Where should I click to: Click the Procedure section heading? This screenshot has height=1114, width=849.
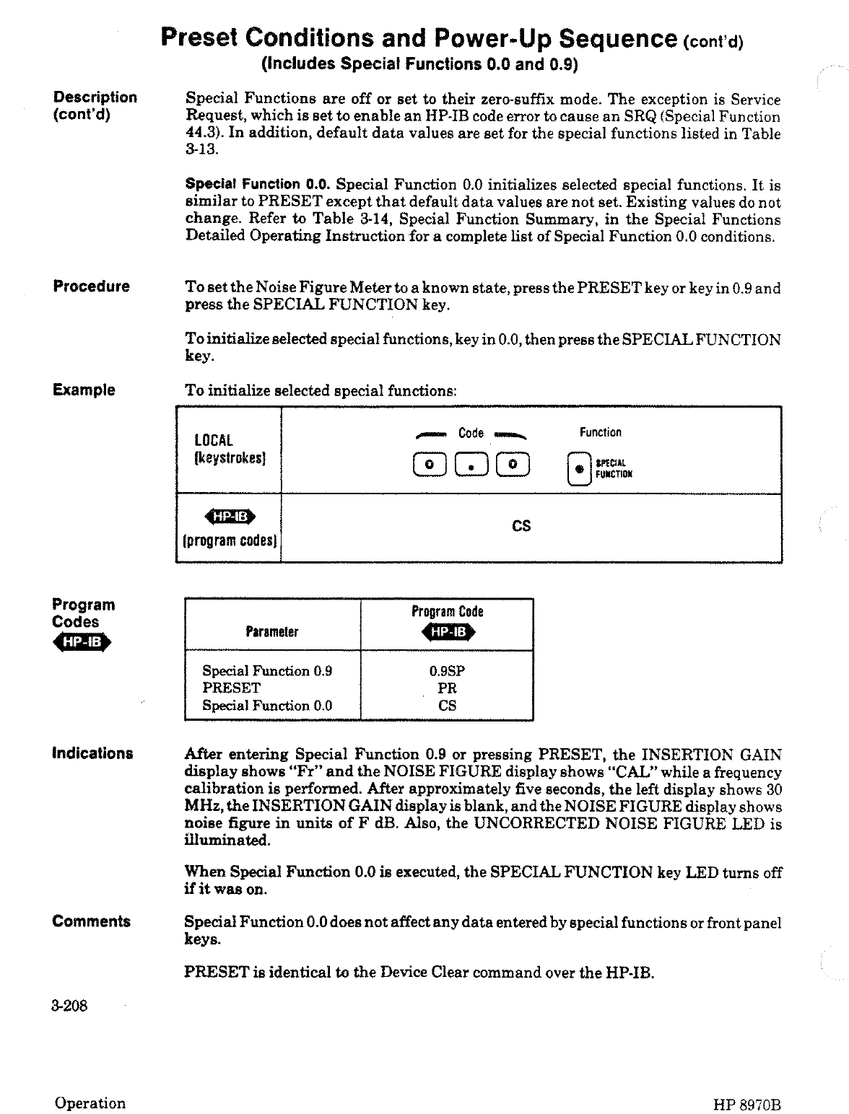pyautogui.click(x=91, y=286)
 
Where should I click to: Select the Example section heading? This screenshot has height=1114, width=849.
pyautogui.click(x=84, y=390)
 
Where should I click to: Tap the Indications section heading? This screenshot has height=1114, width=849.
pyautogui.click(x=92, y=754)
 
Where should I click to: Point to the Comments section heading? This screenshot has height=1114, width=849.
pyautogui.click(x=91, y=921)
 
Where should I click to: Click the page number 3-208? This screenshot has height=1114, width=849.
pyautogui.click(x=69, y=1006)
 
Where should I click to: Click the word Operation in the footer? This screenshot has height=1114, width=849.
pyautogui.click(x=90, y=1103)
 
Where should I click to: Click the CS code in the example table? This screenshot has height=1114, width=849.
pyautogui.click(x=521, y=527)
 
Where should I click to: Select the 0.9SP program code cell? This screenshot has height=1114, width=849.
pyautogui.click(x=447, y=671)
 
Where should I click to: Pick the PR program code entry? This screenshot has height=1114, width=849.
pyautogui.click(x=447, y=688)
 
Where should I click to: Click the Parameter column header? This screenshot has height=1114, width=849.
pyautogui.click(x=271, y=632)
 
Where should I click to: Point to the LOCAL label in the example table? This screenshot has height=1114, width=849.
pyautogui.click(x=214, y=441)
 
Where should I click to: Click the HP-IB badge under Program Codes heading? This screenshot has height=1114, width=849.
pyautogui.click(x=82, y=643)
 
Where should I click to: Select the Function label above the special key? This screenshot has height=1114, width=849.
pyautogui.click(x=600, y=432)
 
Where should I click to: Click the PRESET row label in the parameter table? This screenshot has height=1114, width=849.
pyautogui.click(x=231, y=688)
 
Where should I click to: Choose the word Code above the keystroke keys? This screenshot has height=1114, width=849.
pyautogui.click(x=471, y=433)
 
